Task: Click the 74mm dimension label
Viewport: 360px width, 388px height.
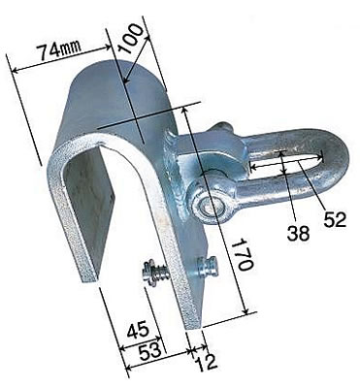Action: pyautogui.click(x=58, y=50)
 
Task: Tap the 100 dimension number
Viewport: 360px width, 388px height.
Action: pyautogui.click(x=130, y=38)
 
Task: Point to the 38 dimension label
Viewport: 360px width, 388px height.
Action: pyautogui.click(x=298, y=234)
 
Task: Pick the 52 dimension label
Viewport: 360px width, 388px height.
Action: pyautogui.click(x=335, y=219)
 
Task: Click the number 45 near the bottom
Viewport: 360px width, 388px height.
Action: pyautogui.click(x=138, y=330)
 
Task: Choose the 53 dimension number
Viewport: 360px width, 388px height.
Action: pyautogui.click(x=149, y=349)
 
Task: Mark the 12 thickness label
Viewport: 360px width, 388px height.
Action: pyautogui.click(x=207, y=363)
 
